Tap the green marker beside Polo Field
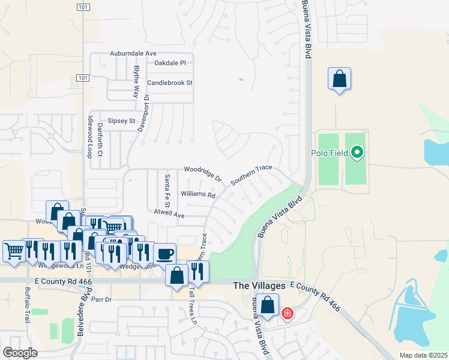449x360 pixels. [357, 152]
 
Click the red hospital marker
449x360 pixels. [287, 313]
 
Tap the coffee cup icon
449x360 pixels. [164, 253]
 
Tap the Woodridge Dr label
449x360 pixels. [203, 175]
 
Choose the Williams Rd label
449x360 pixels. [198, 194]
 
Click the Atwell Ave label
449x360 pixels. [169, 214]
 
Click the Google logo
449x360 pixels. [20, 353]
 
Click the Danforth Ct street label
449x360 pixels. [101, 146]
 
